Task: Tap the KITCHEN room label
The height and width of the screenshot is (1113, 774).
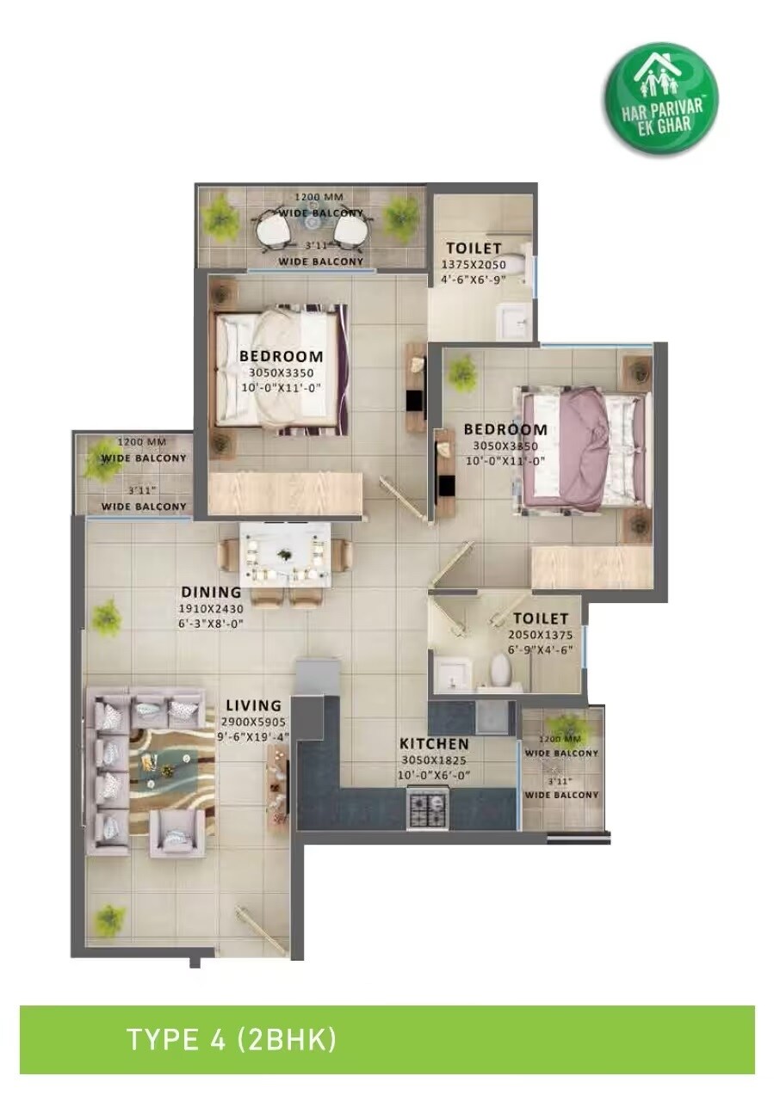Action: pos(435,744)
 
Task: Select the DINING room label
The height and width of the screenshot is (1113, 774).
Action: pos(211,592)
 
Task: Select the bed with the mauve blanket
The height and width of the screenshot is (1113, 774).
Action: pos(583,447)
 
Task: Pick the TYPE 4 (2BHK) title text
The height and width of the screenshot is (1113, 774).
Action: pos(232,1039)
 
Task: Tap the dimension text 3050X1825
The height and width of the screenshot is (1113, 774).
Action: pos(435,760)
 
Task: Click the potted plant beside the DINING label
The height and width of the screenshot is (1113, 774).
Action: pos(107,616)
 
